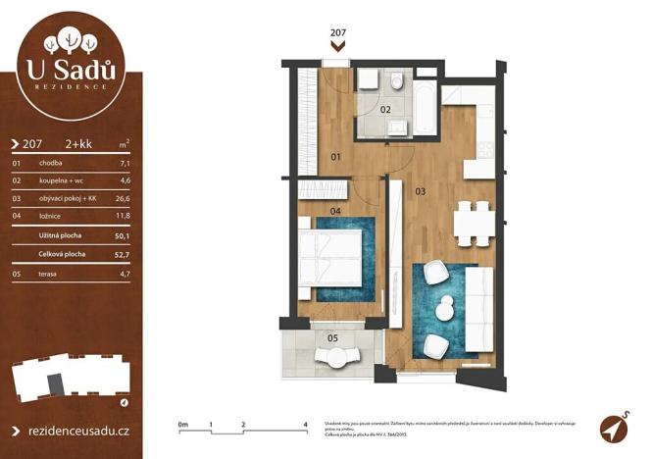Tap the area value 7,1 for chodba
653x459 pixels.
[124, 163]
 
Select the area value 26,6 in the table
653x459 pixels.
[124, 199]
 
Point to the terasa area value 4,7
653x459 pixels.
[124, 274]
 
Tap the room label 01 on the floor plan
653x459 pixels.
[335, 157]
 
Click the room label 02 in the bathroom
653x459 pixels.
[385, 110]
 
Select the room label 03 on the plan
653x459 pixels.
[420, 190]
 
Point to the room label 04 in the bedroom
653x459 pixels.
[335, 210]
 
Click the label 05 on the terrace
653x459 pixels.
[332, 338]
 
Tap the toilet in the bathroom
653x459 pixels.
[397, 80]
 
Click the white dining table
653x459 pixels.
[473, 224]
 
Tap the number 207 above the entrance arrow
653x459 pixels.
[338, 32]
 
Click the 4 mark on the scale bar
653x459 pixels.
[306, 423]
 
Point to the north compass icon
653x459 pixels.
[614, 428]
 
